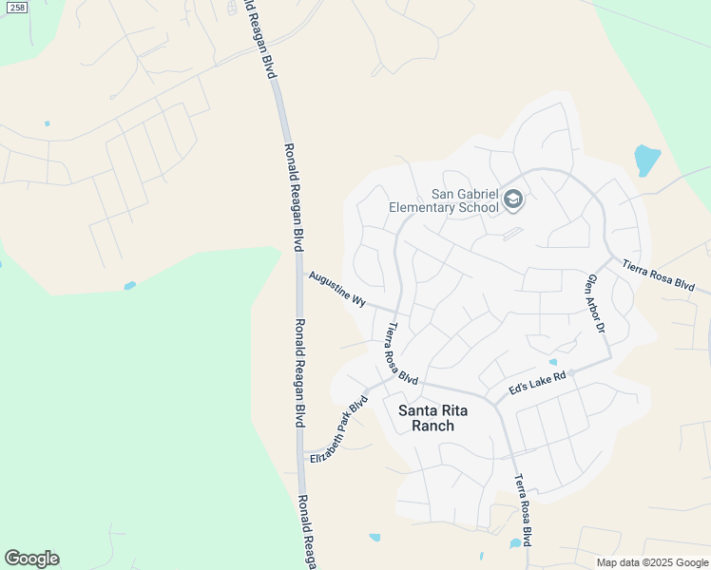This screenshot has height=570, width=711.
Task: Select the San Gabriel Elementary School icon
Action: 513,199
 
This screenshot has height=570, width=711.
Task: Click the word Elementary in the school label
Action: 443,207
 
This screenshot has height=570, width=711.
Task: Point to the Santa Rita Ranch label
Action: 426,418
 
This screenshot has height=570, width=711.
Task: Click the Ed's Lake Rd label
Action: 537,382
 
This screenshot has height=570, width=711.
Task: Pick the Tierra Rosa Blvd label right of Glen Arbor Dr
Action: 660,275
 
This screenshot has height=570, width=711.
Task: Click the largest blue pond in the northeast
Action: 646,160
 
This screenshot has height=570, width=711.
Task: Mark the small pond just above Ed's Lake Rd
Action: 552,362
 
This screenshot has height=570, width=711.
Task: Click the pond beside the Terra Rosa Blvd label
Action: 515,543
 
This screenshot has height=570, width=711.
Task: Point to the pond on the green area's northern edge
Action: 129,285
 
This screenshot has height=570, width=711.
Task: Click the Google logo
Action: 31,559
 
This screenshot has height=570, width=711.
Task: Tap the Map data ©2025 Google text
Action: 652,562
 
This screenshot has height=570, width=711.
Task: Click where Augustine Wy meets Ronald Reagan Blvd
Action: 298,274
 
